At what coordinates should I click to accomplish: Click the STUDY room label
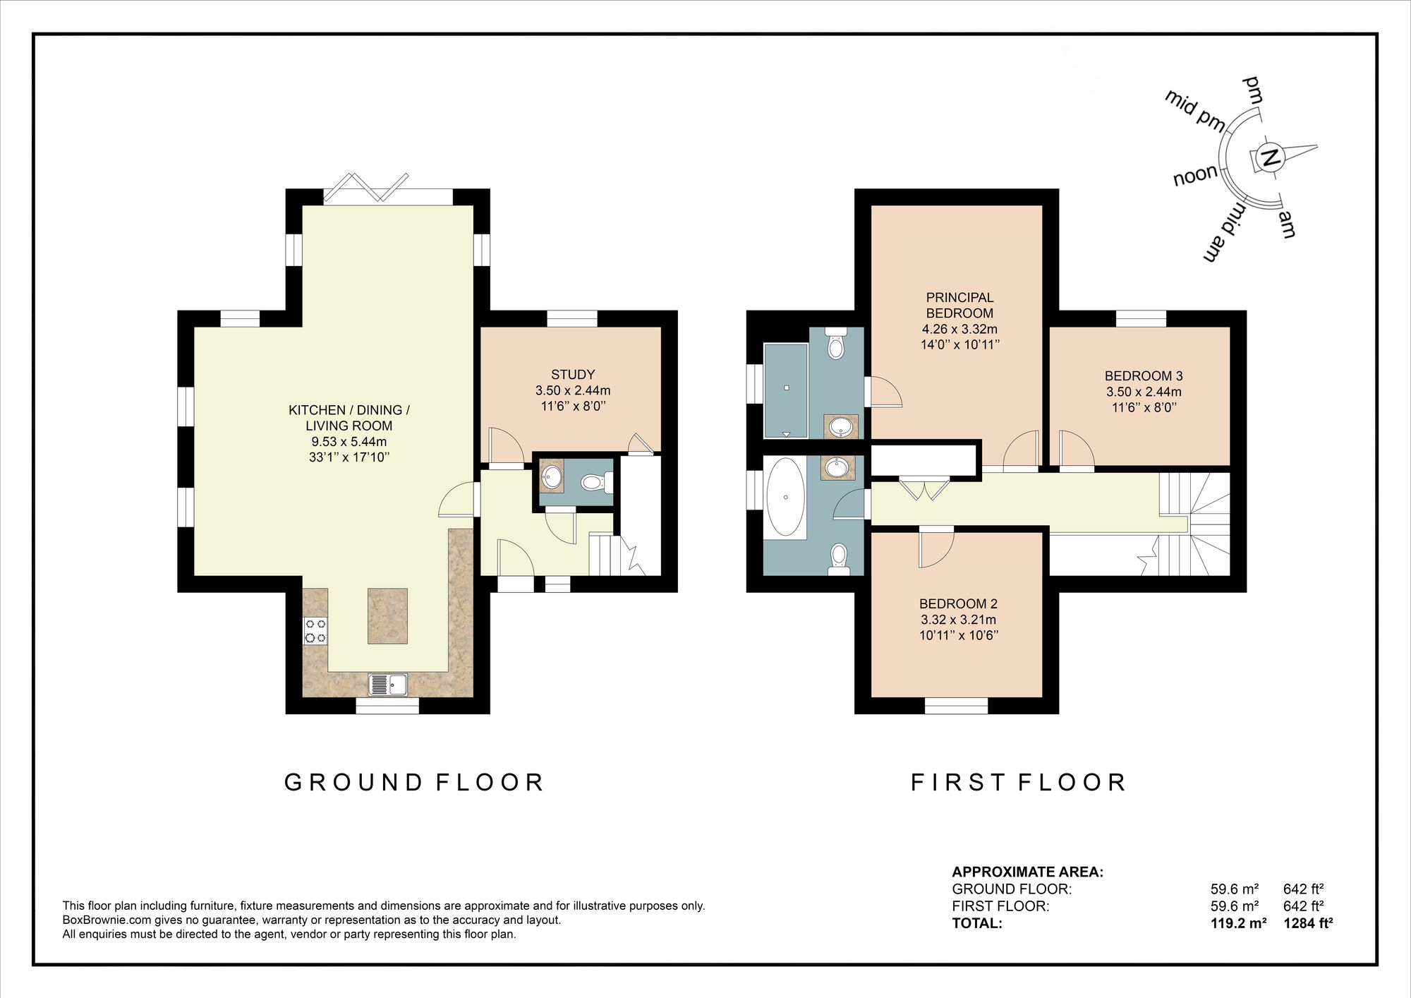coord(573,375)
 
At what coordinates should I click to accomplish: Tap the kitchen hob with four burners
coord(315,631)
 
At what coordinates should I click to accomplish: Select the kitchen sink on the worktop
coord(387,685)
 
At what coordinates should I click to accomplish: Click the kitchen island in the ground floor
coord(387,615)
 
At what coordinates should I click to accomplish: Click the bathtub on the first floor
coord(785,498)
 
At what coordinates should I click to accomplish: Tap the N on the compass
coord(1270,158)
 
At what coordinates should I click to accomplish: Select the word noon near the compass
coord(1196,175)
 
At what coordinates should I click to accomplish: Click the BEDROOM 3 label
coord(1144,376)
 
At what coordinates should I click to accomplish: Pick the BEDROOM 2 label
coord(958,604)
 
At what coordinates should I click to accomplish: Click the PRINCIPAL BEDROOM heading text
coord(959,306)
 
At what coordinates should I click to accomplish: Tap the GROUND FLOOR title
coord(414,783)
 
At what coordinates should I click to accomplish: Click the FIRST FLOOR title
coord(1019,783)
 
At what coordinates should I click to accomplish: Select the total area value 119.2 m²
coord(1238,923)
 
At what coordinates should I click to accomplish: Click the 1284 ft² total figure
coord(1308,923)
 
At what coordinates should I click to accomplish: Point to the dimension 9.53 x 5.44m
coord(349,442)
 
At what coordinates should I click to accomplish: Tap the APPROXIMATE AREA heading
coord(1028,872)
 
